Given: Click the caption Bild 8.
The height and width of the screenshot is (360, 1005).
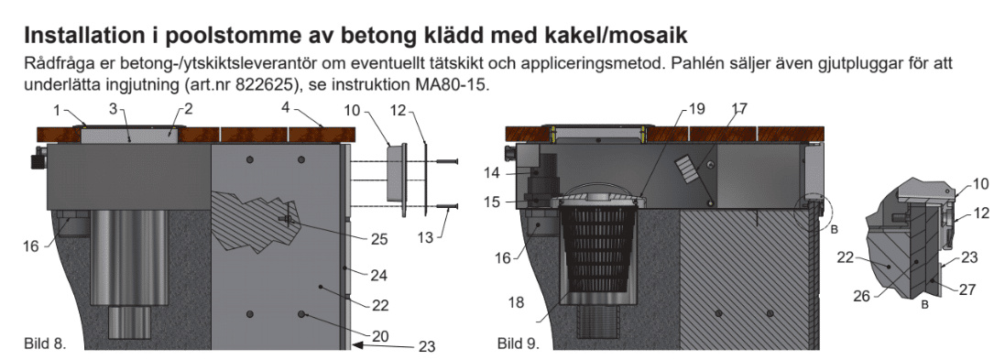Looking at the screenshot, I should click(45, 344).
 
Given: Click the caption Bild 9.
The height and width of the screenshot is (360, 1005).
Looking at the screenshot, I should click(518, 344).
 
